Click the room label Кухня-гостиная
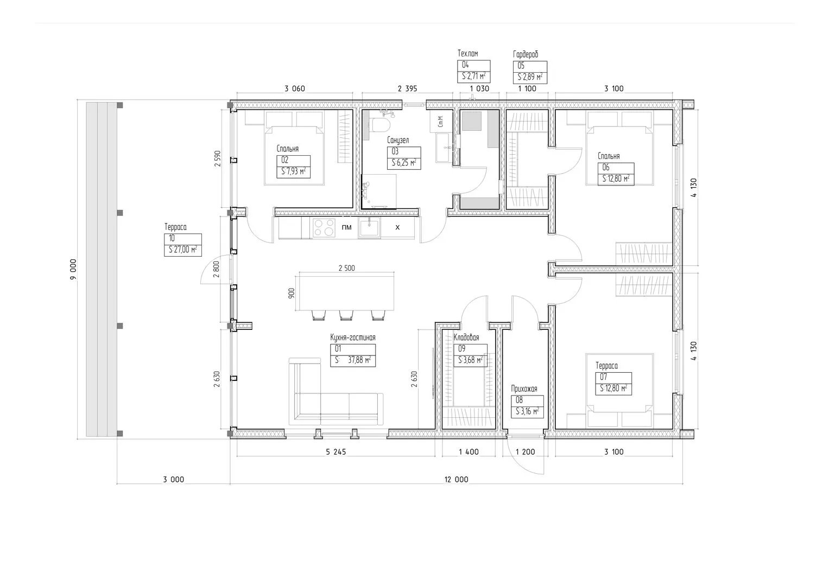click(353, 337)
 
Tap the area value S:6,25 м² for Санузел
click(404, 163)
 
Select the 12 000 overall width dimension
click(457, 480)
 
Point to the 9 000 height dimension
click(73, 269)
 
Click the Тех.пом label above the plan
click(468, 54)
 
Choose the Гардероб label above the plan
click(526, 54)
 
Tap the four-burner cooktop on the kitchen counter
click(324, 227)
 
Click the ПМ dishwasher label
click(346, 227)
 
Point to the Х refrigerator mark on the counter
click(397, 227)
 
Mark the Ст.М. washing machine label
click(440, 122)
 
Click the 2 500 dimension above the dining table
click(346, 268)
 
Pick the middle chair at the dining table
click(346, 315)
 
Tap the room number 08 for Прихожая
click(519, 400)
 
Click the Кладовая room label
click(466, 337)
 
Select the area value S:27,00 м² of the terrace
click(183, 250)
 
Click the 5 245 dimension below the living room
click(336, 451)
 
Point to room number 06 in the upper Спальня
click(606, 167)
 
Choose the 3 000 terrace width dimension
click(174, 480)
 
